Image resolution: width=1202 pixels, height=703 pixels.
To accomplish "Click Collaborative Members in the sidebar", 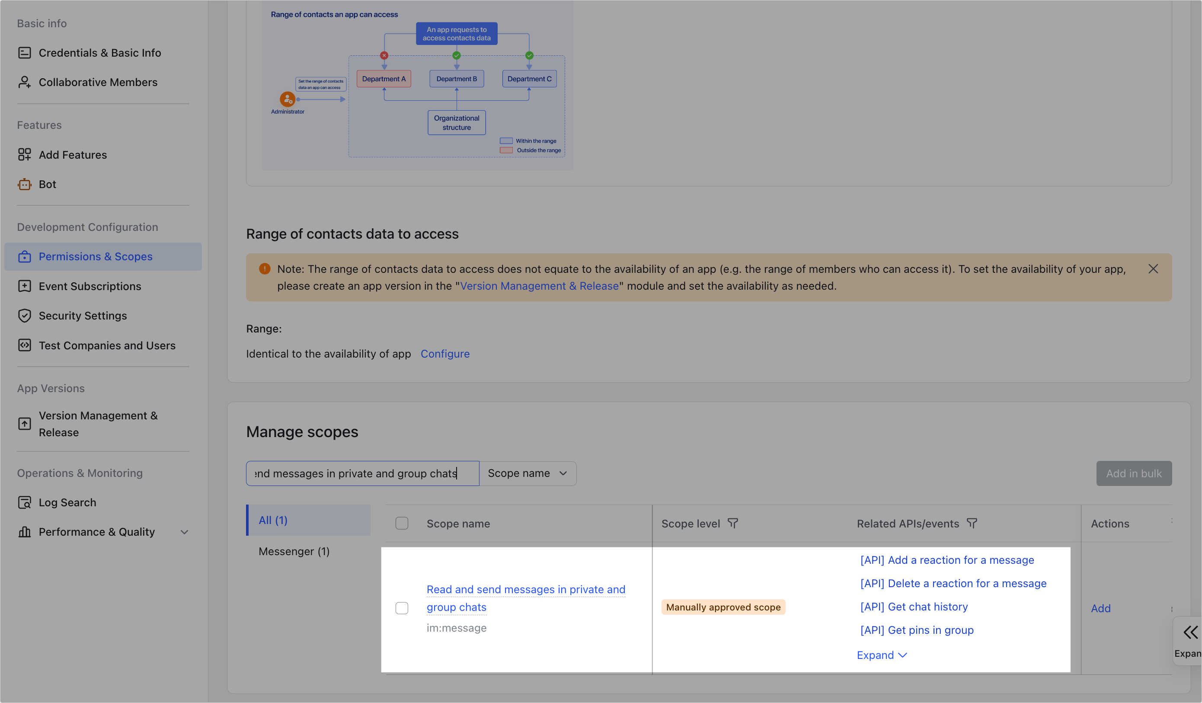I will (x=98, y=82).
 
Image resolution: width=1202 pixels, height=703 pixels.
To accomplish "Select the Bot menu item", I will (x=47, y=184).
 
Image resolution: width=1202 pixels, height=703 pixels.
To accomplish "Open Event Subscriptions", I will (x=90, y=286).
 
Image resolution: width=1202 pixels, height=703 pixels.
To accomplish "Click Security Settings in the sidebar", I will (x=83, y=316).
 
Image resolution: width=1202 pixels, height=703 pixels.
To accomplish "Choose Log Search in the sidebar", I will (x=67, y=502).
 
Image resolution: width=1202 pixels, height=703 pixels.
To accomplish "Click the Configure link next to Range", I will (x=444, y=354).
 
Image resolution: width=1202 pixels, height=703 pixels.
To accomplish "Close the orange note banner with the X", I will (x=1153, y=269).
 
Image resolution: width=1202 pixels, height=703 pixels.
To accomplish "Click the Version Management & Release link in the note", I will (x=539, y=286).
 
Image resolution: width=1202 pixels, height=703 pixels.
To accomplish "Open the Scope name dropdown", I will (x=527, y=473).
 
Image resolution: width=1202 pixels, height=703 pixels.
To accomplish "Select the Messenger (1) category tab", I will (x=294, y=551).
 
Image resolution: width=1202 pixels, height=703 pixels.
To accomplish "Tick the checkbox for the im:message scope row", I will (x=402, y=608).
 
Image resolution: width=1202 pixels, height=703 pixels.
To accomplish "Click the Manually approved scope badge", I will (x=723, y=607).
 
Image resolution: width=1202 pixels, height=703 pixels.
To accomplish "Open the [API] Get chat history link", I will (x=914, y=607).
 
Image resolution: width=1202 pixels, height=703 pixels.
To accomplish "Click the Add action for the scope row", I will (x=1100, y=609).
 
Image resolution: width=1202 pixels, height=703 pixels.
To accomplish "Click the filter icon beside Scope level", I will (x=732, y=524).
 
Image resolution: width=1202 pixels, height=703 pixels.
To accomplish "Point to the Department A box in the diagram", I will (x=384, y=79).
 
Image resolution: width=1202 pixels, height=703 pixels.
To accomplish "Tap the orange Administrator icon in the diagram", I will (x=287, y=99).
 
